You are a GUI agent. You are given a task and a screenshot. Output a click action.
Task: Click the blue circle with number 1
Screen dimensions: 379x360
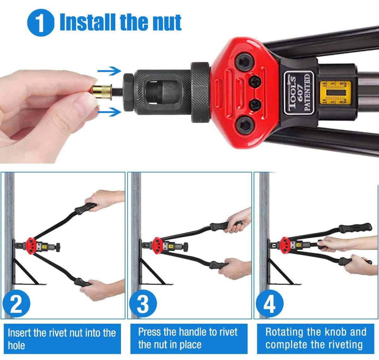click(41, 23)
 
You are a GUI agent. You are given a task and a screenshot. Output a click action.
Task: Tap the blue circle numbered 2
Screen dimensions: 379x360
click(16, 303)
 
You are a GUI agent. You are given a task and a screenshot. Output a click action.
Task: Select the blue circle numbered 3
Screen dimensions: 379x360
click(143, 303)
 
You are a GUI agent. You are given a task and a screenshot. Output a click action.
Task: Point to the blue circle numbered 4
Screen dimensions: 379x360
click(269, 303)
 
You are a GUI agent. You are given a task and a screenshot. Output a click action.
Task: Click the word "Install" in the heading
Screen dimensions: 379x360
click(87, 22)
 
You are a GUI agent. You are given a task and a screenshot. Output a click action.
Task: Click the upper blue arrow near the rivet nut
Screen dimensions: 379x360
click(109, 71)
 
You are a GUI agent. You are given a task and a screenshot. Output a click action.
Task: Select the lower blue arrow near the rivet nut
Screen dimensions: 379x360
click(109, 112)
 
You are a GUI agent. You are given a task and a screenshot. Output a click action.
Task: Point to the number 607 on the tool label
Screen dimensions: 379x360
click(300, 93)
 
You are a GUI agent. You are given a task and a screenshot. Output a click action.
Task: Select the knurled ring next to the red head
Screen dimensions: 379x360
click(201, 93)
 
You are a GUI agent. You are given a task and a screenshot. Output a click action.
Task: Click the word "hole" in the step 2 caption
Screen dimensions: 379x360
click(16, 345)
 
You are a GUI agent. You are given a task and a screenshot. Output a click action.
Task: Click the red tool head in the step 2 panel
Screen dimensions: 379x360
click(30, 245)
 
